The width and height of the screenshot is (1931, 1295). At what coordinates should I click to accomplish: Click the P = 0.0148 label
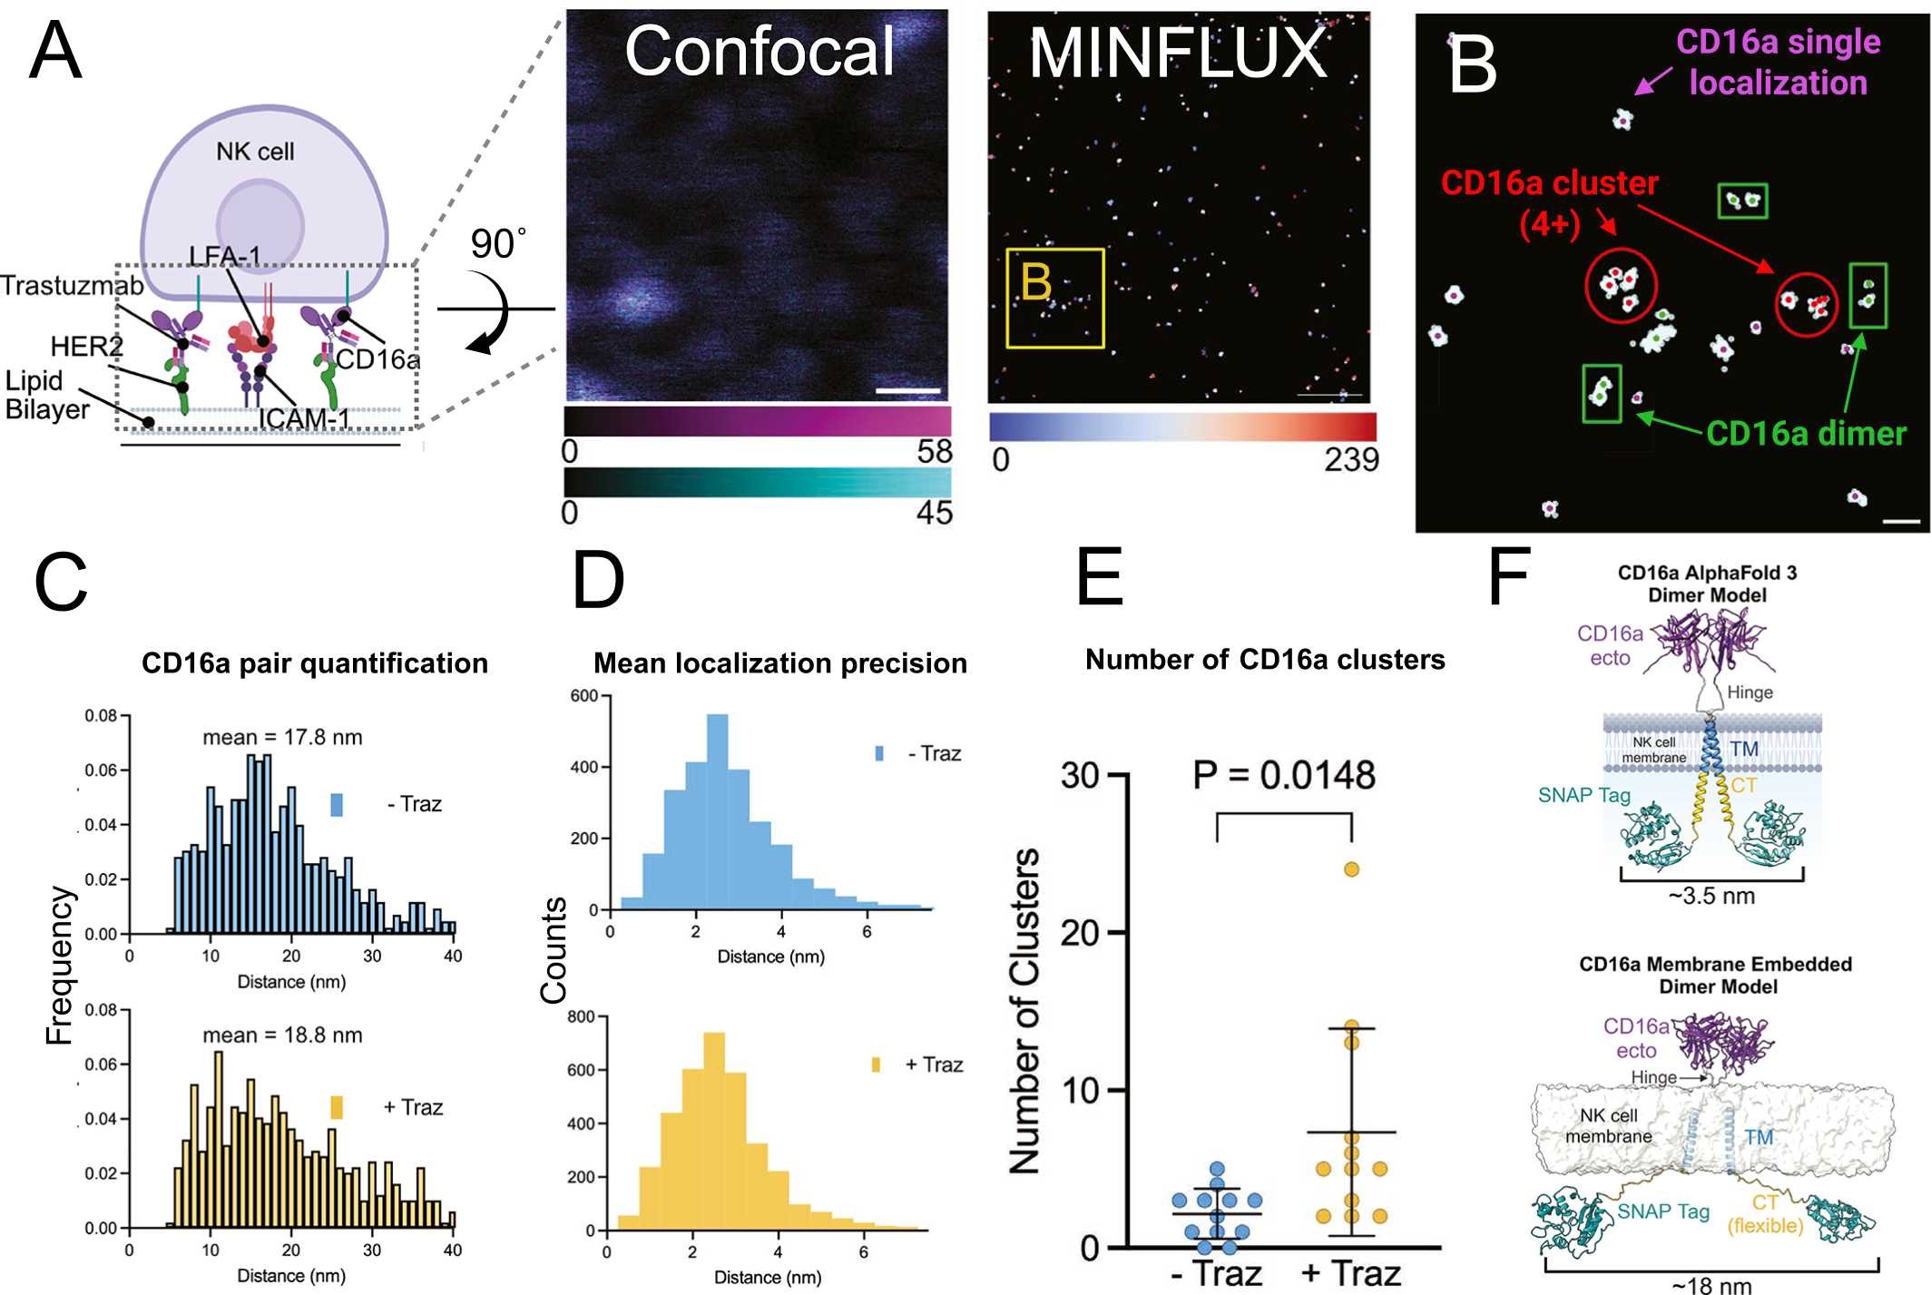tap(1283, 776)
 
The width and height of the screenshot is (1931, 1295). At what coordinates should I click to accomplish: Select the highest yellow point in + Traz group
tap(1351, 869)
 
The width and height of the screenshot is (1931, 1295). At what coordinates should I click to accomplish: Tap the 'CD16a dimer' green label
tap(1806, 434)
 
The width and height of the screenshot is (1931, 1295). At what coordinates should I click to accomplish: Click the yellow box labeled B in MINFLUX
tap(1055, 299)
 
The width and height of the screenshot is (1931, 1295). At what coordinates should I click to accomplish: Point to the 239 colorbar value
tap(1350, 460)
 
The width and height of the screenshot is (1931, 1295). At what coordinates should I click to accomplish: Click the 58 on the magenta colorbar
tap(935, 452)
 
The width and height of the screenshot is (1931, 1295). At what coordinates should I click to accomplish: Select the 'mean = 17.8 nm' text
tap(282, 738)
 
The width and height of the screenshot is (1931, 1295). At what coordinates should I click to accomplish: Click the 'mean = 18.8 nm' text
tap(282, 1035)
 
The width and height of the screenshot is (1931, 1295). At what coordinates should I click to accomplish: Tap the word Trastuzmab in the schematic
tap(72, 286)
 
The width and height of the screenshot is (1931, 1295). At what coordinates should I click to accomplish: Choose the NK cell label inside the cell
tap(255, 152)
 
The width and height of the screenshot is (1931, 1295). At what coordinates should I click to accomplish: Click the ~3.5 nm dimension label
tap(1711, 897)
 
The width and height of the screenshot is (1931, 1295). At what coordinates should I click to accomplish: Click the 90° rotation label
tap(497, 244)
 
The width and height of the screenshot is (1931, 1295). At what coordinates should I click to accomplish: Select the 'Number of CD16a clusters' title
tap(1265, 660)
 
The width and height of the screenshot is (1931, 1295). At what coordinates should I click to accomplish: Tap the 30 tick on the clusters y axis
tap(1080, 776)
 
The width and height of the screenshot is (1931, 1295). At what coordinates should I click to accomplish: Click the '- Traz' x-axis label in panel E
tap(1216, 1273)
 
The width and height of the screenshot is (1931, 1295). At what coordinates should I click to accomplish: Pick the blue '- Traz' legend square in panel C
tap(337, 805)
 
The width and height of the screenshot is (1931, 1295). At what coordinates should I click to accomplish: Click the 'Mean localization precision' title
tap(780, 663)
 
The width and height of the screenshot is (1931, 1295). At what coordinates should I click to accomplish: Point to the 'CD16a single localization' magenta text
tap(1778, 62)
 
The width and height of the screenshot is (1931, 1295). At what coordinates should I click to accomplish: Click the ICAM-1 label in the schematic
tap(304, 418)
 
